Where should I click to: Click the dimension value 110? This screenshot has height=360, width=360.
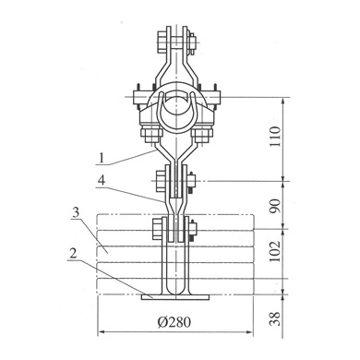[x=275, y=136]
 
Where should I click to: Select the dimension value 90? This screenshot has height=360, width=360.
[x=275, y=206]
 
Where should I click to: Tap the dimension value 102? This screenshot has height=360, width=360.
[x=275, y=251]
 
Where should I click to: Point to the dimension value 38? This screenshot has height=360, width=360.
[x=275, y=318]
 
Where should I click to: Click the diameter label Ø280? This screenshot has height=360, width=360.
[x=174, y=322]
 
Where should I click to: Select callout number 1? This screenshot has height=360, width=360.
[x=102, y=158]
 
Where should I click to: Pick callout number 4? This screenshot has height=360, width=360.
[x=102, y=180]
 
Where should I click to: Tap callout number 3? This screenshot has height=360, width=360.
[x=76, y=212]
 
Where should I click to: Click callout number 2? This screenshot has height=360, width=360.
[x=73, y=254]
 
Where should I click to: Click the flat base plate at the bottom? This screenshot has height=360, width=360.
[x=175, y=297]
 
